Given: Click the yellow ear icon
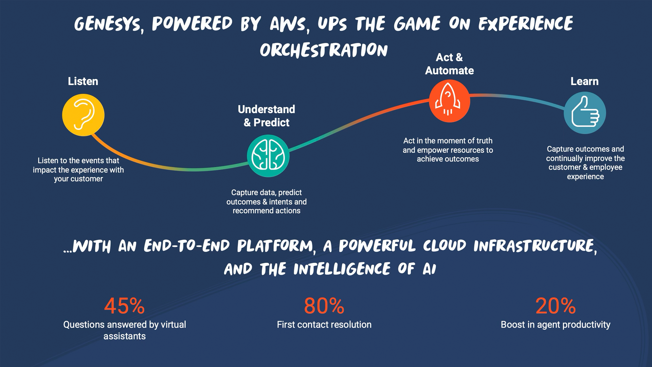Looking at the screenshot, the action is [83, 115].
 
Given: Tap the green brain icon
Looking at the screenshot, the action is [268, 156].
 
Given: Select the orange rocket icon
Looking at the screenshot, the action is [449, 101].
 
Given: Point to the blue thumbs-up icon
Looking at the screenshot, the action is [585, 113].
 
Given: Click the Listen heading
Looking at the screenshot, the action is [83, 81].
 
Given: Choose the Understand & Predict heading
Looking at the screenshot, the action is [267, 116].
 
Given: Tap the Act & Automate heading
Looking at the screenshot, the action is [449, 64].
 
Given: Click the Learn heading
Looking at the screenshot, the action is [584, 81].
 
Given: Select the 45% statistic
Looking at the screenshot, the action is [124, 306].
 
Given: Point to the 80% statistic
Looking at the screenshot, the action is [324, 306].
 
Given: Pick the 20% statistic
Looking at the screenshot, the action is [556, 306].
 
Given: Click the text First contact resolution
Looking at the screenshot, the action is [324, 325].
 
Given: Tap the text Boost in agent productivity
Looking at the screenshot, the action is [556, 325].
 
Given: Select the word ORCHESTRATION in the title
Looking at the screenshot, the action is [324, 50].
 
